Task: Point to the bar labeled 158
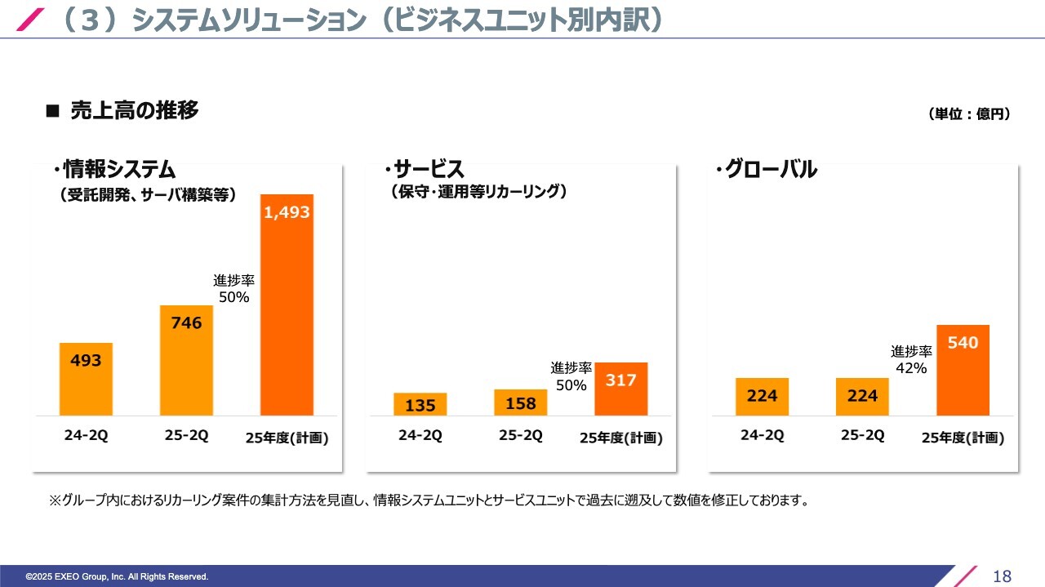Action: point(520,402)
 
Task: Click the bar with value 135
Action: point(420,404)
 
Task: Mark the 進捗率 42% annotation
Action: point(911,360)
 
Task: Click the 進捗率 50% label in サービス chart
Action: point(571,377)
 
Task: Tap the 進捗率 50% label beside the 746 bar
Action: point(233,289)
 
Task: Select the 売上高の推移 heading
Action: point(134,110)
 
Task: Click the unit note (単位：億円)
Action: point(969,114)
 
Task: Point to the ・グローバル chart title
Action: point(766,170)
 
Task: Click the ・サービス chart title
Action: point(424,170)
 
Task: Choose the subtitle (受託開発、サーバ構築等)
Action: point(148,194)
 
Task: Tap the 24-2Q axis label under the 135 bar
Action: point(420,436)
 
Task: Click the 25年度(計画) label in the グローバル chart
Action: point(963,438)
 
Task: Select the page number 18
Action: point(1002,576)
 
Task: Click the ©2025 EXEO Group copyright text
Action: point(117,577)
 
